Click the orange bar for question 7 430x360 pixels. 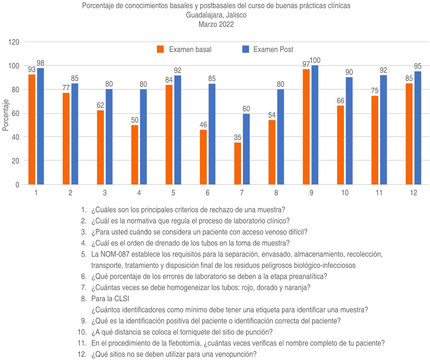point(238,163)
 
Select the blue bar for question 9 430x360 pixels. point(315,125)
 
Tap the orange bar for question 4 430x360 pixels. point(135,155)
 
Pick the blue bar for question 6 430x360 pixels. point(212,134)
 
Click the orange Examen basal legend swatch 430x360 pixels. point(160,49)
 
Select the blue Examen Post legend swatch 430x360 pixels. point(246,49)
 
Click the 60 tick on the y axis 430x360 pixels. point(15,113)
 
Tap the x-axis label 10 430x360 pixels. point(345,193)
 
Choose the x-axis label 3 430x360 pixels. point(105,193)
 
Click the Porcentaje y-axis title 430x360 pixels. point(5,115)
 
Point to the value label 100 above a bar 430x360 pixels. point(315,60)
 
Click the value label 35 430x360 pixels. point(238,137)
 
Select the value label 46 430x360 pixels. point(203,125)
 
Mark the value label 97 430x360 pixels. point(306,64)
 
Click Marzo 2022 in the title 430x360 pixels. point(216,24)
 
